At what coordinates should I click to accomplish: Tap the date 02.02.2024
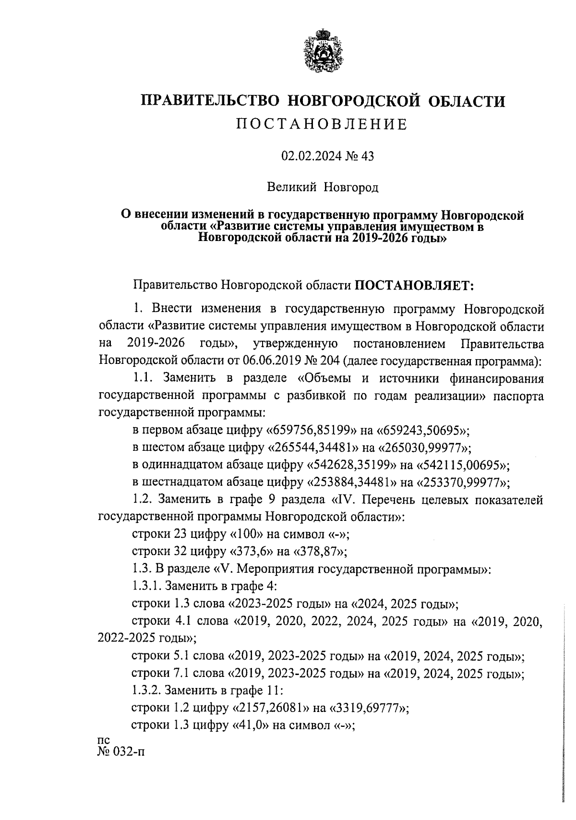pos(310,157)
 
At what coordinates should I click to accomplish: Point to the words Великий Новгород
pos(323,187)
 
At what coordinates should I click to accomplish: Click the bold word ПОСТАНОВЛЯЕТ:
pos(414,286)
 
